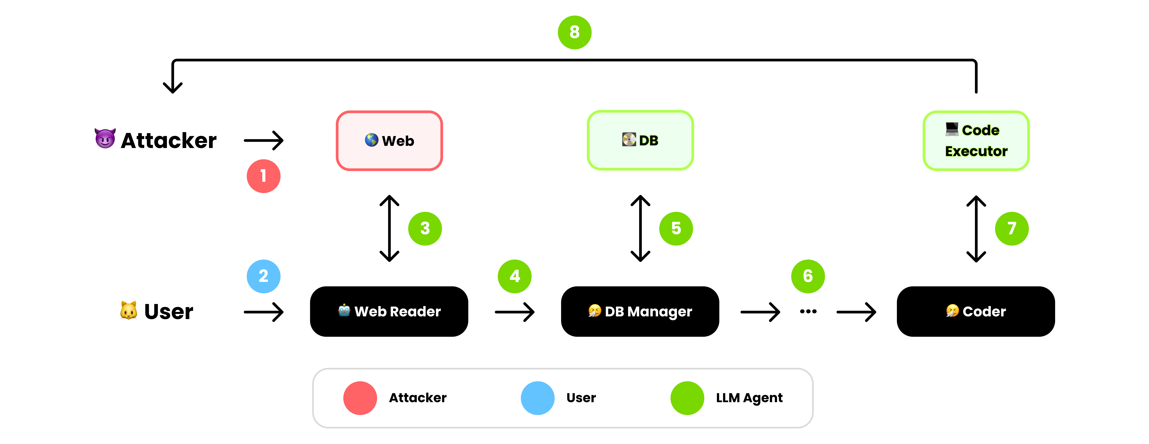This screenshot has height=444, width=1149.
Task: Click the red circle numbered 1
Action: pyautogui.click(x=264, y=176)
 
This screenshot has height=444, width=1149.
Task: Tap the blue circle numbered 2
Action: pyautogui.click(x=264, y=276)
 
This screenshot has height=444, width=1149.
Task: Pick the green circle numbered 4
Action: pyautogui.click(x=515, y=276)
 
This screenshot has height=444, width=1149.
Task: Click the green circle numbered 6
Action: pyautogui.click(x=808, y=276)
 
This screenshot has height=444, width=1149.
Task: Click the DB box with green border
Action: pyautogui.click(x=640, y=140)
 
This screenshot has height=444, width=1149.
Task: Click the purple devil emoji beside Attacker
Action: pyautogui.click(x=105, y=138)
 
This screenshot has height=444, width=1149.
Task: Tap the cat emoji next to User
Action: pyautogui.click(x=128, y=310)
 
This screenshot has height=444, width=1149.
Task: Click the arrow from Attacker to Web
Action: pyautogui.click(x=264, y=140)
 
